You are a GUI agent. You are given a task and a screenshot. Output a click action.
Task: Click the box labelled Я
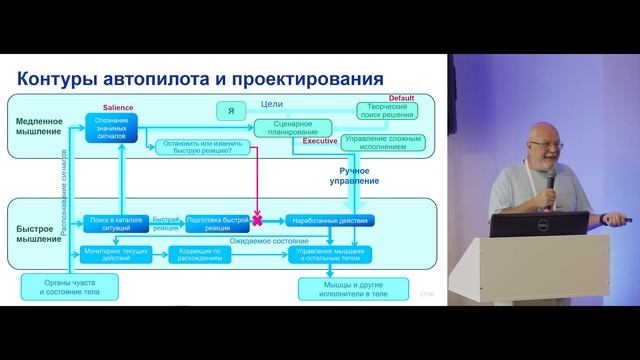[231, 109]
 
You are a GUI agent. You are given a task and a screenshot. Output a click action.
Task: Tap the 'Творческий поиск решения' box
[385, 111]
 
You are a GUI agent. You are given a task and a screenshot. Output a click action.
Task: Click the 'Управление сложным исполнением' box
[385, 143]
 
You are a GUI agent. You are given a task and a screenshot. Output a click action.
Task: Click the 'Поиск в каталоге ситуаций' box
[113, 221]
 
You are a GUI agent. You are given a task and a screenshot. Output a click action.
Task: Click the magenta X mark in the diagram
[257, 219]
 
